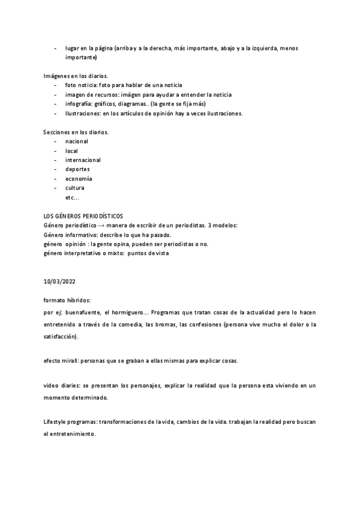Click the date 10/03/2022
[x=60, y=281]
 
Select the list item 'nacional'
[x=76, y=142]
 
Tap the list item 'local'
[x=71, y=151]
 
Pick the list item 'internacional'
[x=83, y=160]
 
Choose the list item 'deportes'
[x=77, y=169]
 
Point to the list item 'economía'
[x=79, y=179]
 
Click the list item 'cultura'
[x=74, y=188]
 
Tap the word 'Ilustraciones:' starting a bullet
[x=83, y=113]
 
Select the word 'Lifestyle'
[x=56, y=422]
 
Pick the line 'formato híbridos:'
[x=67, y=300]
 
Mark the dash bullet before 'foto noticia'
[x=55, y=85]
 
